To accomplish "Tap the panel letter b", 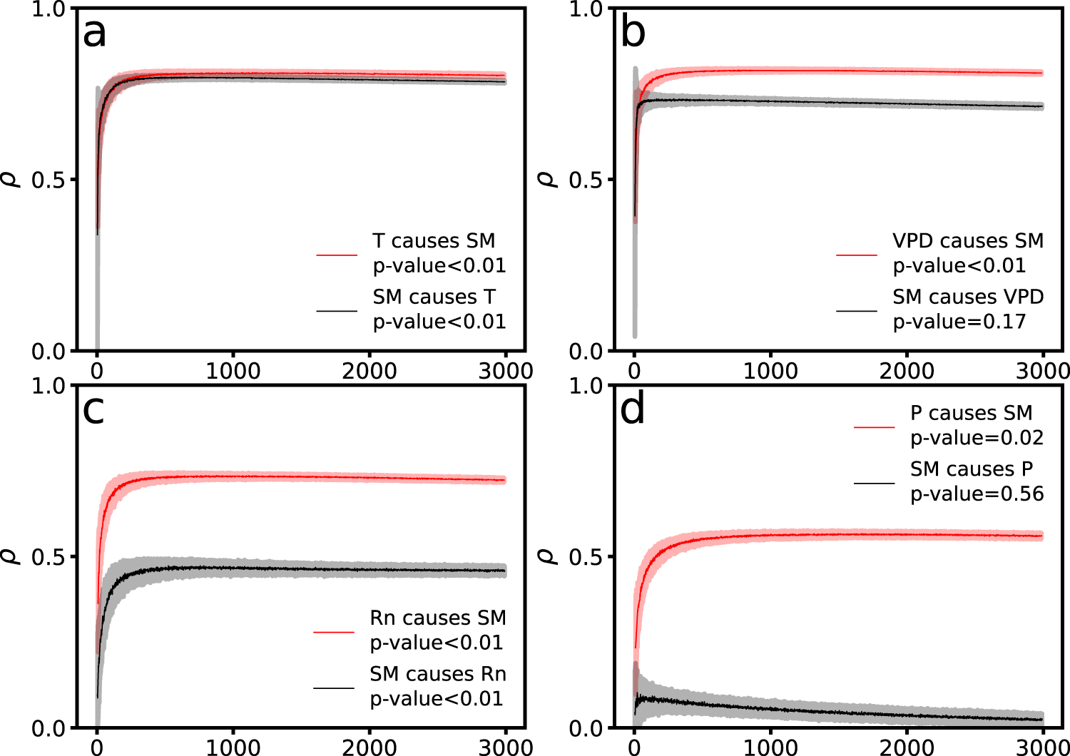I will [633, 33].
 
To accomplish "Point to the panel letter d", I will [633, 410].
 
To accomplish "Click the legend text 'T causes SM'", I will [434, 241].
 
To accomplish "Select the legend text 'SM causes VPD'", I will [968, 297].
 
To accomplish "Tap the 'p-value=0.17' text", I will [959, 322].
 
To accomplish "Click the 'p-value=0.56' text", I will [977, 494].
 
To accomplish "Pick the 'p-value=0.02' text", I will [977, 438].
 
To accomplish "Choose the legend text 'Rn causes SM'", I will [437, 618].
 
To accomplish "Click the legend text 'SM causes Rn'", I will [437, 674].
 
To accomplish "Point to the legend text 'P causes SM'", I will [971, 413].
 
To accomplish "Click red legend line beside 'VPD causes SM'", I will [857, 255].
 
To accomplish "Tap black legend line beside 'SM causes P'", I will [874, 484].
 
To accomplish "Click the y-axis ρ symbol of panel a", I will [14, 180].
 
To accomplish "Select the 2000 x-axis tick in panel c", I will [370, 747].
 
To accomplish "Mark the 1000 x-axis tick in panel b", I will [770, 371].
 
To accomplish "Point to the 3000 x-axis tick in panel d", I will [1042, 747].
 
